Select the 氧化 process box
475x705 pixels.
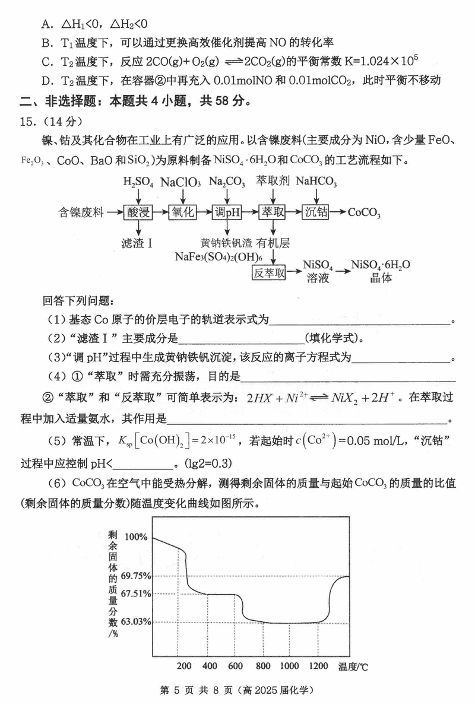point(183,212)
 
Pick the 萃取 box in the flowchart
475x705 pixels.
point(273,212)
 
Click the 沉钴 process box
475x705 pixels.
point(316,212)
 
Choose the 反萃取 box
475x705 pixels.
point(270,272)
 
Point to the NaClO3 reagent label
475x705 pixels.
point(180,181)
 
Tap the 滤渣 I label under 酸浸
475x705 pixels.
point(137,242)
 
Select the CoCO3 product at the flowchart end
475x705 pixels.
point(364,212)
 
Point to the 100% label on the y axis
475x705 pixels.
point(136,537)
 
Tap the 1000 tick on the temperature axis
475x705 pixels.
point(289,666)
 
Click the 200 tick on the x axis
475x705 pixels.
point(185,666)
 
